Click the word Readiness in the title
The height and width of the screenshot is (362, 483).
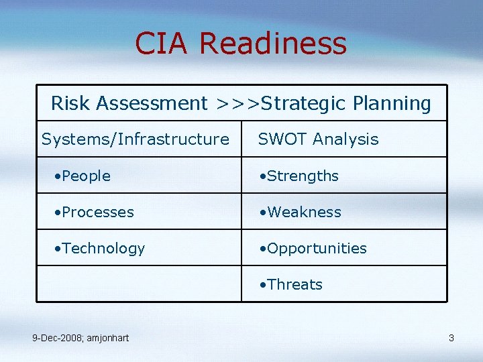[x=273, y=44]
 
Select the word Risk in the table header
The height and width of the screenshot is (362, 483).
[x=70, y=103]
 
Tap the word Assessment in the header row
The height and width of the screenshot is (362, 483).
[x=152, y=103]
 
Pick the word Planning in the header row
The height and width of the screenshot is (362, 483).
[x=392, y=104]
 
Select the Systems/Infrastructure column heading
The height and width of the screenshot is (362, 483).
[x=135, y=139]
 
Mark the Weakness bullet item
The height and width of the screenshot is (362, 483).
[x=304, y=212]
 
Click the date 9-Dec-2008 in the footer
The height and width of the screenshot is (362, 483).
[x=58, y=338]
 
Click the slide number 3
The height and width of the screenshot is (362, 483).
[x=451, y=338]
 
